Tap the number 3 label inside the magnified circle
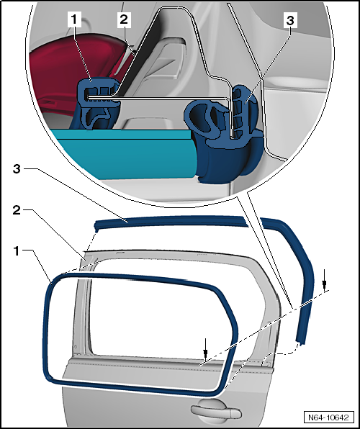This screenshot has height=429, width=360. point(289,21)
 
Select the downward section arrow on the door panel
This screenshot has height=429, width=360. point(205,351)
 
